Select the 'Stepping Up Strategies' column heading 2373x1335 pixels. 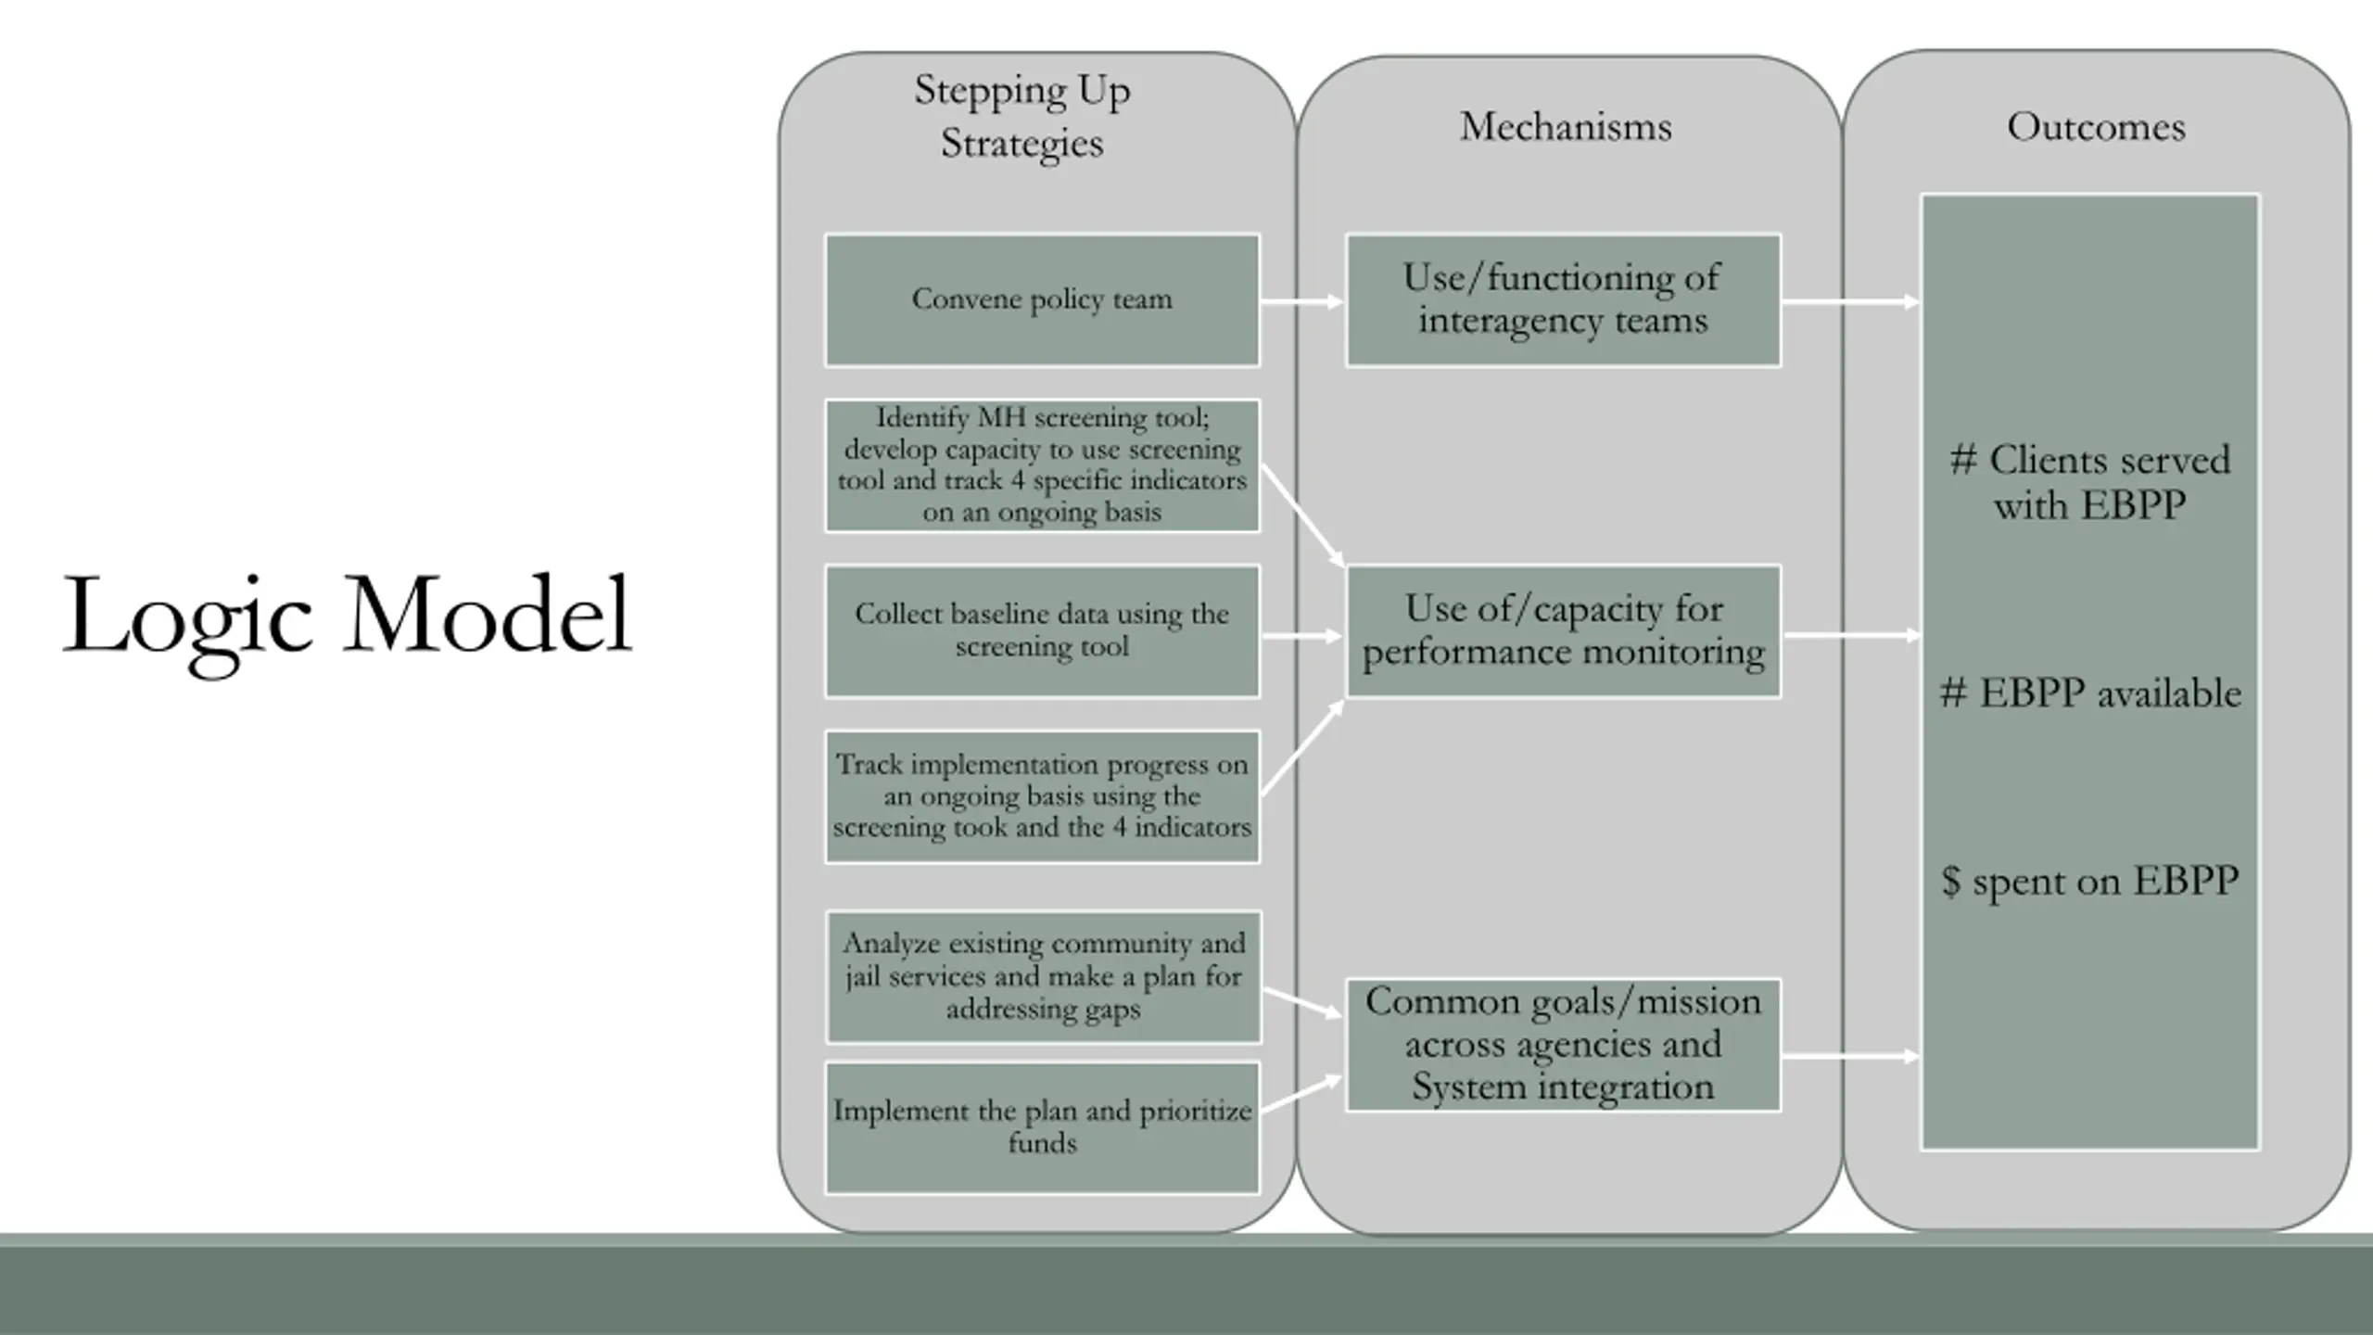click(1022, 117)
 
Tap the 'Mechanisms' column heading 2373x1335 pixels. click(1566, 127)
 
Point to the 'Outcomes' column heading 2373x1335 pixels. click(2096, 127)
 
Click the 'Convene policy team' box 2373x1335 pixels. click(1042, 299)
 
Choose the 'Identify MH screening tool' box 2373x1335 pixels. click(1042, 464)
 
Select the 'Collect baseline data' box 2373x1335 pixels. click(1042, 630)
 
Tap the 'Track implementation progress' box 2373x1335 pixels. click(1042, 796)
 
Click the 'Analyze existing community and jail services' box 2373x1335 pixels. click(1043, 976)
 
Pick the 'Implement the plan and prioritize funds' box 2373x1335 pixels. click(1042, 1127)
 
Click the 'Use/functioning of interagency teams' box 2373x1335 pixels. click(1563, 299)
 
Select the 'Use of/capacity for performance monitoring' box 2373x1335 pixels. click(1563, 630)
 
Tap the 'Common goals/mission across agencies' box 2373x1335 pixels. click(1563, 1044)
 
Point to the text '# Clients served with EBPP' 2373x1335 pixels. click(2090, 482)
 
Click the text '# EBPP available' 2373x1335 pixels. click(2090, 693)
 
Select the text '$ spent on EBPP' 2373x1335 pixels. click(2090, 881)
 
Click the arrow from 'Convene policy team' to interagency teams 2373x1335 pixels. click(1301, 301)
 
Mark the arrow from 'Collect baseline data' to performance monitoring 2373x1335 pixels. click(1301, 636)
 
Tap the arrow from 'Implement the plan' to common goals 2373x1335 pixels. click(1301, 1095)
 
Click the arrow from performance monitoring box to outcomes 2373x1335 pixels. click(1850, 636)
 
